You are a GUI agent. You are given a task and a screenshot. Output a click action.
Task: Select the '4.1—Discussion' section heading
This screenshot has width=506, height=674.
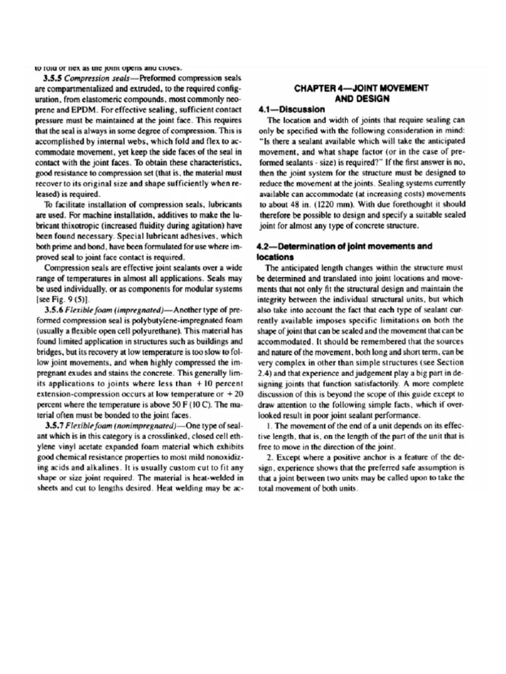point(287,109)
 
